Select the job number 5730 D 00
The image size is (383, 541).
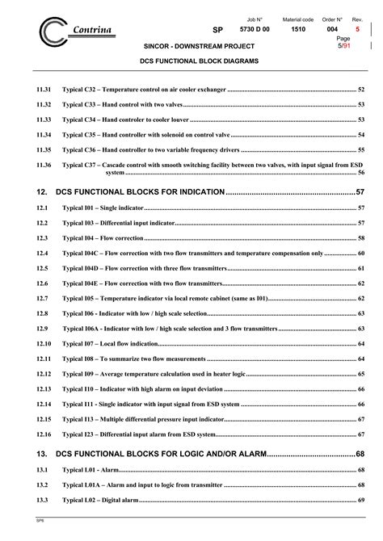pos(260,29)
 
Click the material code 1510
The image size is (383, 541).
pos(299,29)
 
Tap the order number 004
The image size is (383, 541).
pos(332,29)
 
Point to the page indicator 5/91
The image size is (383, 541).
pos(345,45)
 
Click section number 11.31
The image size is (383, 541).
pos(44,90)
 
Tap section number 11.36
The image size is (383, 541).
pos(44,165)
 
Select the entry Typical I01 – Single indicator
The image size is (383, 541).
pos(98,208)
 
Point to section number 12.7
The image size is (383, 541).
pos(42,298)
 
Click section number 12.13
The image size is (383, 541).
pos(44,388)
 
